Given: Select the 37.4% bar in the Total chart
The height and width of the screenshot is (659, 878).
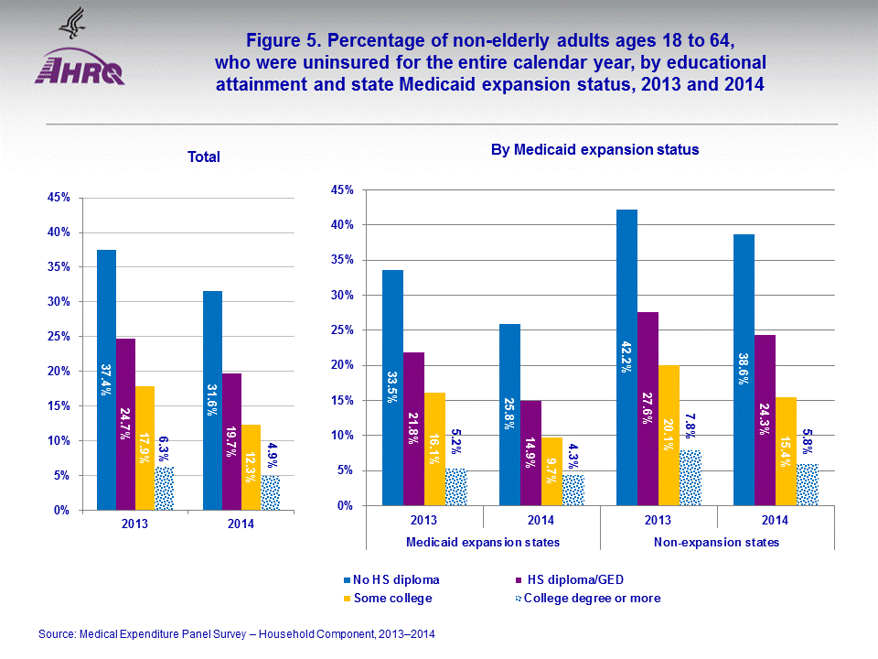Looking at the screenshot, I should click(x=106, y=379).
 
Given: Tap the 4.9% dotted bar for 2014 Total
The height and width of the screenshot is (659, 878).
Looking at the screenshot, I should click(x=270, y=492).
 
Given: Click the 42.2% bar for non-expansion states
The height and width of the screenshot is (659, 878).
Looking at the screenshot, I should click(x=626, y=357).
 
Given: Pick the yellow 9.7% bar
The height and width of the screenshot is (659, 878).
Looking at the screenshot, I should click(x=551, y=470).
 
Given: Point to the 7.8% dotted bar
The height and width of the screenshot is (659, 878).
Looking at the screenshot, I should click(x=691, y=477).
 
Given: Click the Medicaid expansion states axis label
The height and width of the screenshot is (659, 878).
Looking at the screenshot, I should click(x=482, y=543).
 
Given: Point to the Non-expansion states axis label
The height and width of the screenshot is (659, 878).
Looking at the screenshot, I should click(x=717, y=543).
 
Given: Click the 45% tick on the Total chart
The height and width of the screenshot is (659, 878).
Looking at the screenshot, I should click(x=59, y=198).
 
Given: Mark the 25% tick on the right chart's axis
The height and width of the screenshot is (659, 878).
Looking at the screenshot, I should click(x=342, y=330).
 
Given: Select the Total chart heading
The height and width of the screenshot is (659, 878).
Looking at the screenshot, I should click(x=203, y=157).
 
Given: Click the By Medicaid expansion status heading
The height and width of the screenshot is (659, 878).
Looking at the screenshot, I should click(x=594, y=150).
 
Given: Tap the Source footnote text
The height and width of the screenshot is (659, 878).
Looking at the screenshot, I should click(x=237, y=633).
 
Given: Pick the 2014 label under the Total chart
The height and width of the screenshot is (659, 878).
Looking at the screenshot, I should click(x=241, y=524).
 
